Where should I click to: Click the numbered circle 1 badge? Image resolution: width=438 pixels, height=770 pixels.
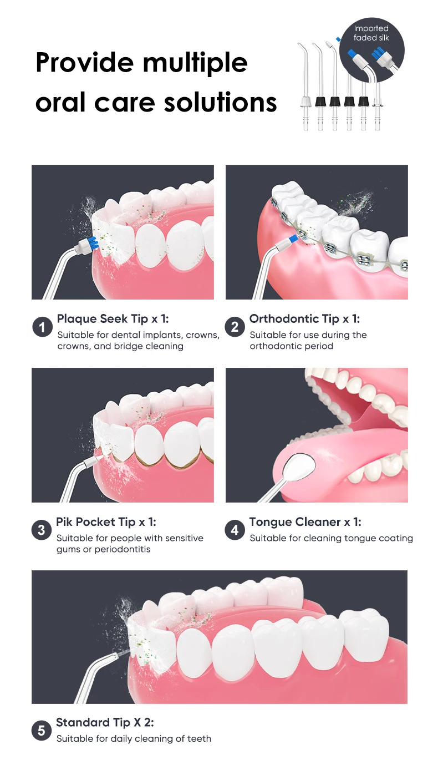(x=42, y=327)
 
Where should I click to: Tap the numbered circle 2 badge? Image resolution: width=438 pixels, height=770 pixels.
(x=235, y=327)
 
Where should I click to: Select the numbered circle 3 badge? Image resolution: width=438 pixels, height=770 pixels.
(x=42, y=530)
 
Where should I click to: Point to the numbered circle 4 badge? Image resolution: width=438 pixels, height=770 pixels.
(x=235, y=530)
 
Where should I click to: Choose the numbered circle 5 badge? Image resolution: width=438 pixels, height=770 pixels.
(x=42, y=731)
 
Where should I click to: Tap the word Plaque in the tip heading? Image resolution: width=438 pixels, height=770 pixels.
(x=77, y=320)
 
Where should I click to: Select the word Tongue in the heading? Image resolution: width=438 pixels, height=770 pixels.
(x=271, y=522)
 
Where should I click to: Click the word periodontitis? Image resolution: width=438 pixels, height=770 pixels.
(x=123, y=549)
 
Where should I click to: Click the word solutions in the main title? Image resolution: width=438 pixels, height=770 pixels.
(x=221, y=103)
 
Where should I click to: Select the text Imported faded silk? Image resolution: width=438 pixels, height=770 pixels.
(x=371, y=33)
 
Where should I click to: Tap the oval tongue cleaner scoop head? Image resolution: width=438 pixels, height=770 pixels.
(x=301, y=466)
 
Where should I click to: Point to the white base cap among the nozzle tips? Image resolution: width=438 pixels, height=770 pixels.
(x=305, y=102)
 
